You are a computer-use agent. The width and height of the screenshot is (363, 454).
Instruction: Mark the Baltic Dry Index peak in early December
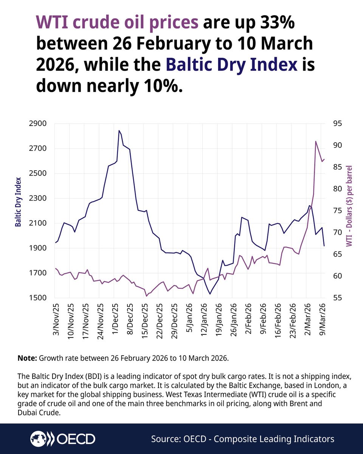pos(119,131)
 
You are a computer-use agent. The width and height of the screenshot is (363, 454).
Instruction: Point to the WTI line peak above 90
pos(315,141)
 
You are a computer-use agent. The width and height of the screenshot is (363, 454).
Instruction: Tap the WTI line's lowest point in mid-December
pos(146,296)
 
